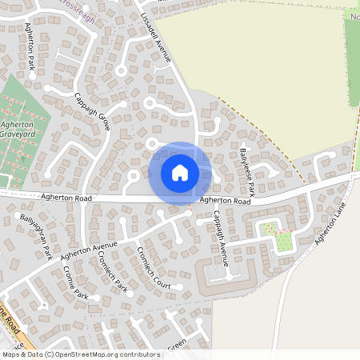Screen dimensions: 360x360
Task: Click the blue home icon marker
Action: tap(180, 172)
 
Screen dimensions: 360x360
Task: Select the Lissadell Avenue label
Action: tap(156, 37)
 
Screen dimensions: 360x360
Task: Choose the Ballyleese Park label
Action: tap(246, 172)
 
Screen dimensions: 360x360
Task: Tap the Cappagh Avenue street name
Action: tap(222, 238)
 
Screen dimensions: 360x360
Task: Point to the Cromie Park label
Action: tap(74, 283)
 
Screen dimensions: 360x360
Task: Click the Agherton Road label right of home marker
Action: tap(225, 201)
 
